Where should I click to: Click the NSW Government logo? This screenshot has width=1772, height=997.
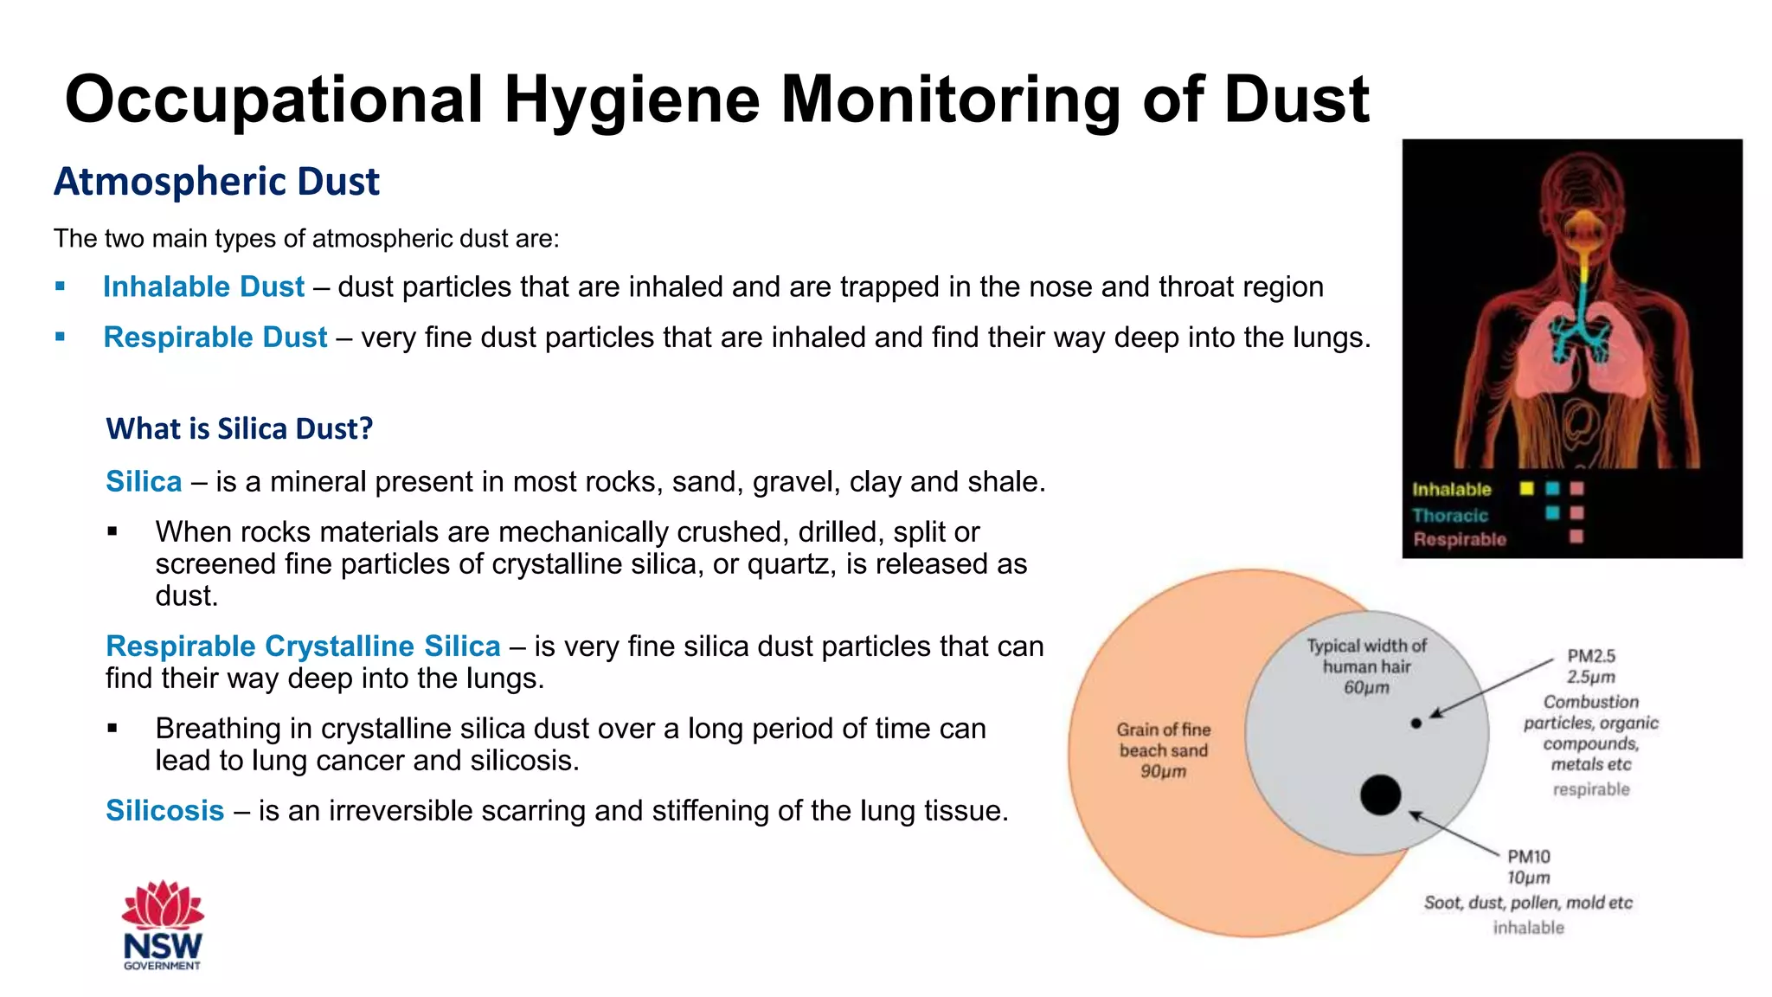coord(163,925)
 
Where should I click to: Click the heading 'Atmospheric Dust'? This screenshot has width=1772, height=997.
coord(216,182)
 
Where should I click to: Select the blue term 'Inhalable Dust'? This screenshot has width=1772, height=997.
coord(203,286)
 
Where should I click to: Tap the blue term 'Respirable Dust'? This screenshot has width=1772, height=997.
coord(215,337)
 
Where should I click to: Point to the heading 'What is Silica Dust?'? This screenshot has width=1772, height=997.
coord(239,428)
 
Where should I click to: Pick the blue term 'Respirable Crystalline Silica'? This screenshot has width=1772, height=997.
coord(303,646)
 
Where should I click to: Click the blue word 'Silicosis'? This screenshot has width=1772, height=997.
coord(164,810)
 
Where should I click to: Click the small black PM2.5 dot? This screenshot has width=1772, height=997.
coord(1416,723)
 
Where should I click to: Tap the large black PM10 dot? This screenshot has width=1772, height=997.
coord(1380,794)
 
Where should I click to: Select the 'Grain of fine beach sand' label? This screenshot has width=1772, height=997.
coord(1163,749)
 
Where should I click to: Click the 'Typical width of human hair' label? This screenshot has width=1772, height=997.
coord(1366,666)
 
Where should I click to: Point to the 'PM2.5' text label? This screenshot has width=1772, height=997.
coord(1591,656)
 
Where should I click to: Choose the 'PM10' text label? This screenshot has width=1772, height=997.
coord(1529,856)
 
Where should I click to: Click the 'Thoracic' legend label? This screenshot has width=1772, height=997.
coord(1450,515)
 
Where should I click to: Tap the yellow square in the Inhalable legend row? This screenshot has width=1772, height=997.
coord(1527,489)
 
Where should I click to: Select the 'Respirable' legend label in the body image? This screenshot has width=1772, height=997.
coord(1460,539)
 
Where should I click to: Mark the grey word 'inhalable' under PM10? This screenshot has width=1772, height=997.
coord(1528,928)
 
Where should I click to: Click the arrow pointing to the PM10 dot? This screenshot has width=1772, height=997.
coord(1454,833)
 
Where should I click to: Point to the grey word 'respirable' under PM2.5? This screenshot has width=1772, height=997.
coord(1590,789)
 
